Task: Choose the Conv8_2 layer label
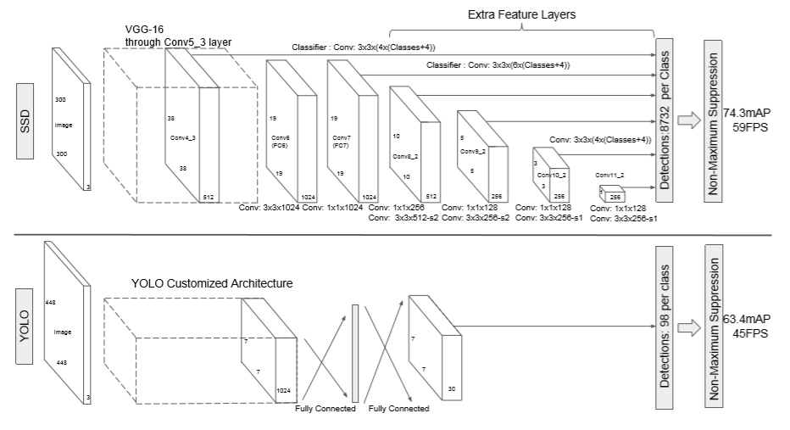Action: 404,157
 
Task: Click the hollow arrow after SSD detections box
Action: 688,121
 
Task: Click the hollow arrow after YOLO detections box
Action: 688,328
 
